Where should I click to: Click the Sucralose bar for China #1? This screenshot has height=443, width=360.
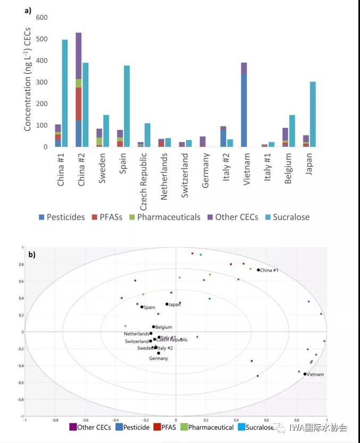(x=65, y=93)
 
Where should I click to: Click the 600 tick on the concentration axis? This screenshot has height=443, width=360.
(x=42, y=18)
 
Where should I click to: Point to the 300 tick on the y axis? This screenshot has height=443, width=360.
(x=42, y=82)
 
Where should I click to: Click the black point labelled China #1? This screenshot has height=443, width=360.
(x=258, y=270)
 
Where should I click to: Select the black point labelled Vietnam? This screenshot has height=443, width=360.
(x=305, y=374)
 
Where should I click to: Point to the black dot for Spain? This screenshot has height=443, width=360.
(x=142, y=307)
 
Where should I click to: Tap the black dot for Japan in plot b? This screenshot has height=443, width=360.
(x=167, y=304)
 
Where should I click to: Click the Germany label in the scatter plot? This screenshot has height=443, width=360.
(x=158, y=358)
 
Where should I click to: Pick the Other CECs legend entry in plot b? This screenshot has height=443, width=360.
(x=91, y=427)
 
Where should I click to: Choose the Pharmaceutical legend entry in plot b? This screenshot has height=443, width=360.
(x=208, y=427)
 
